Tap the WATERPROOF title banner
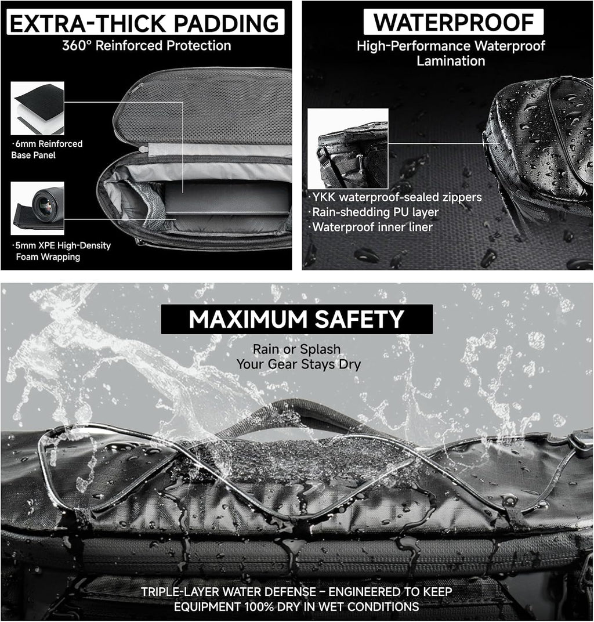point(453,22)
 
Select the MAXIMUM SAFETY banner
point(296,319)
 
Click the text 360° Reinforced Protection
point(147,46)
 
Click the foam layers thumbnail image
point(37,108)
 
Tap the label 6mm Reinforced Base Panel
point(47,149)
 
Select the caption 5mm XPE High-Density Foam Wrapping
point(61,251)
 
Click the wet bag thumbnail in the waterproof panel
point(347,149)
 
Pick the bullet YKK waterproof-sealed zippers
point(396,197)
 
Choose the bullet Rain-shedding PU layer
point(374,212)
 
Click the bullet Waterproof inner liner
point(371,227)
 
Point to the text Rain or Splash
point(296,349)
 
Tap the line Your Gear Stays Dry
point(299,364)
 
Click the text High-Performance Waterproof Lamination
point(451,53)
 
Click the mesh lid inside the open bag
point(206,113)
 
